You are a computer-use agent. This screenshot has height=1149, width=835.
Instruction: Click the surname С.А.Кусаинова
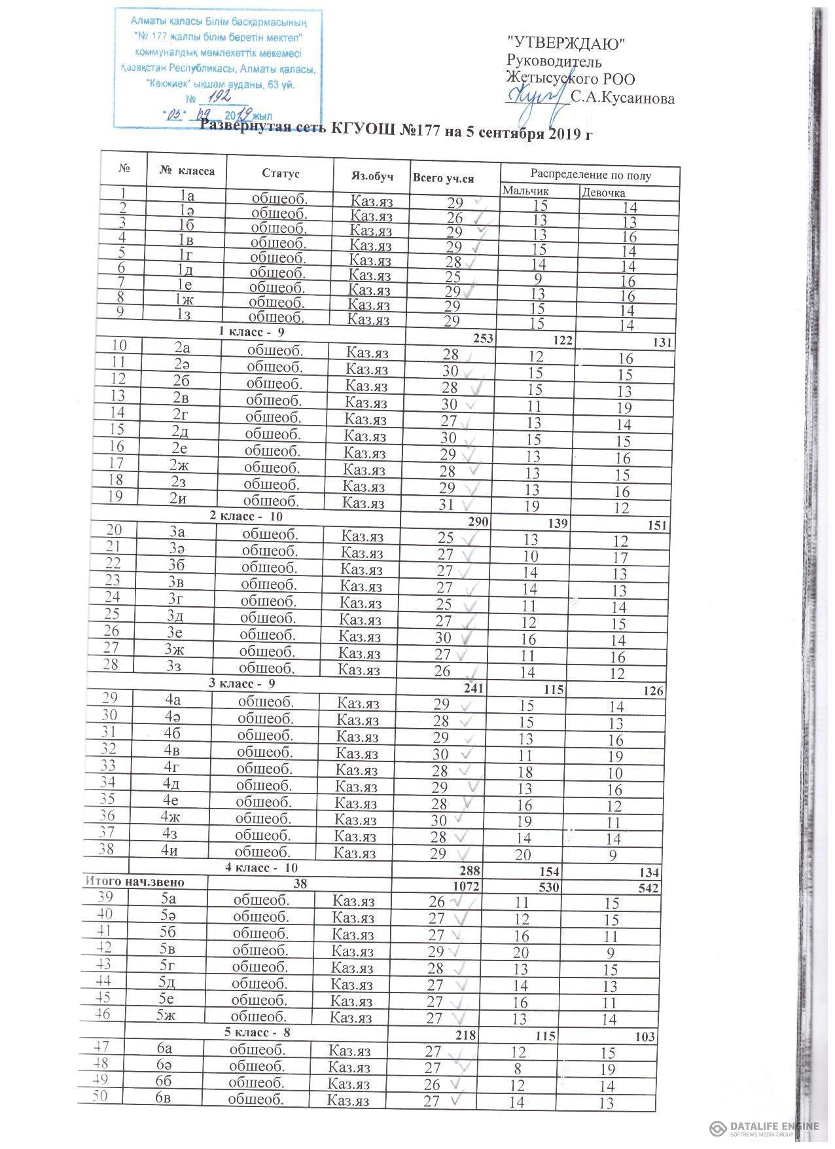tap(622, 99)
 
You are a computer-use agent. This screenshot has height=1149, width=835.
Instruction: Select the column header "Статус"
tap(280, 173)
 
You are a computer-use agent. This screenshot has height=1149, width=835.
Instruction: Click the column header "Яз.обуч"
tap(372, 175)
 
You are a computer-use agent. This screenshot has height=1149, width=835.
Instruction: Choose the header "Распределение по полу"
tap(590, 175)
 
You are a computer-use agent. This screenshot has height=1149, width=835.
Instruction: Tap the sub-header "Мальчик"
tap(525, 191)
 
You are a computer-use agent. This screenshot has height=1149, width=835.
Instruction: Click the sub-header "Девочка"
tap(603, 192)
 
